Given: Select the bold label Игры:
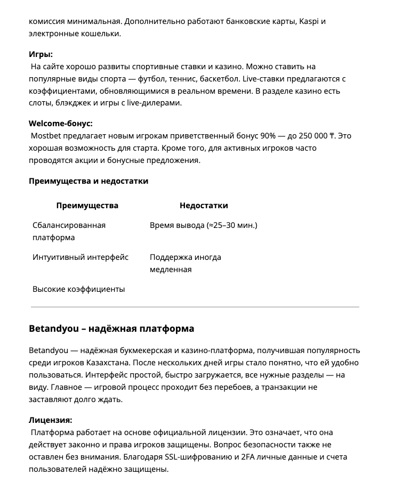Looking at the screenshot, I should pos(41,54).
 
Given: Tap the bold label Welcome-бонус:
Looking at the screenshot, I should pos(60,124).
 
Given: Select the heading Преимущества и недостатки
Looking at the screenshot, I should pos(88,181).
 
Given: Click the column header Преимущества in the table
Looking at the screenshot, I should pos(87,206).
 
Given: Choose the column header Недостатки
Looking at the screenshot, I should pos(204,206).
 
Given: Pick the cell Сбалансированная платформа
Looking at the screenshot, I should pos(69,231).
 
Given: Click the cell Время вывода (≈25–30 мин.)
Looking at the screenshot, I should pos(203,225).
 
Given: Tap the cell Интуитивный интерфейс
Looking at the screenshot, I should pos(80,257).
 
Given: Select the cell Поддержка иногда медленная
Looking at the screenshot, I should pos(185,263).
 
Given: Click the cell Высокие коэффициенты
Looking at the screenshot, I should pos(78,289).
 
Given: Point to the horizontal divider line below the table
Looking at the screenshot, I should pos(195,307).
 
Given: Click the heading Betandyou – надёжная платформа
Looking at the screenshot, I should pos(111,328).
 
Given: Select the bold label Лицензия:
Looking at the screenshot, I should pos(50,420).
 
